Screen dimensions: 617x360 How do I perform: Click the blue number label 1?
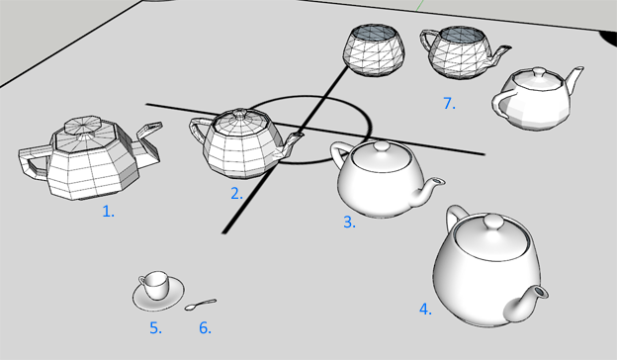click(x=108, y=212)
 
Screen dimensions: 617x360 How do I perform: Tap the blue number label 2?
click(x=236, y=193)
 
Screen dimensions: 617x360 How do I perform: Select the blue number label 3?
click(x=349, y=222)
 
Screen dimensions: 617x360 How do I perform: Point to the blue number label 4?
click(x=425, y=309)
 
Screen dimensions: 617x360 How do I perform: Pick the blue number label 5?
click(x=155, y=327)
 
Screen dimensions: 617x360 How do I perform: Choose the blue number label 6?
click(x=205, y=327)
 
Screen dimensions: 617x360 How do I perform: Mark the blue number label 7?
click(x=449, y=103)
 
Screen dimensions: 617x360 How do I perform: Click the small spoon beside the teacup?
click(x=201, y=305)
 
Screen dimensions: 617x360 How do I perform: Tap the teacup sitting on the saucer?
click(x=154, y=285)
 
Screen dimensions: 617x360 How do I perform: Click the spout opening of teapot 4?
click(x=541, y=292)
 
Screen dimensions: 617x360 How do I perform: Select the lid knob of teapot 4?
click(x=491, y=222)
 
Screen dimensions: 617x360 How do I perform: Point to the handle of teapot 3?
click(x=339, y=154)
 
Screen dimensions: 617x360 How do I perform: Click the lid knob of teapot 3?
click(x=381, y=146)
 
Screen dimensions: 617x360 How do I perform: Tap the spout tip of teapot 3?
click(x=437, y=182)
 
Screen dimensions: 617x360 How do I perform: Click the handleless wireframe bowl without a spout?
click(x=374, y=49)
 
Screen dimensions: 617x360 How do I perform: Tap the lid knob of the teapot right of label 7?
click(x=539, y=73)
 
